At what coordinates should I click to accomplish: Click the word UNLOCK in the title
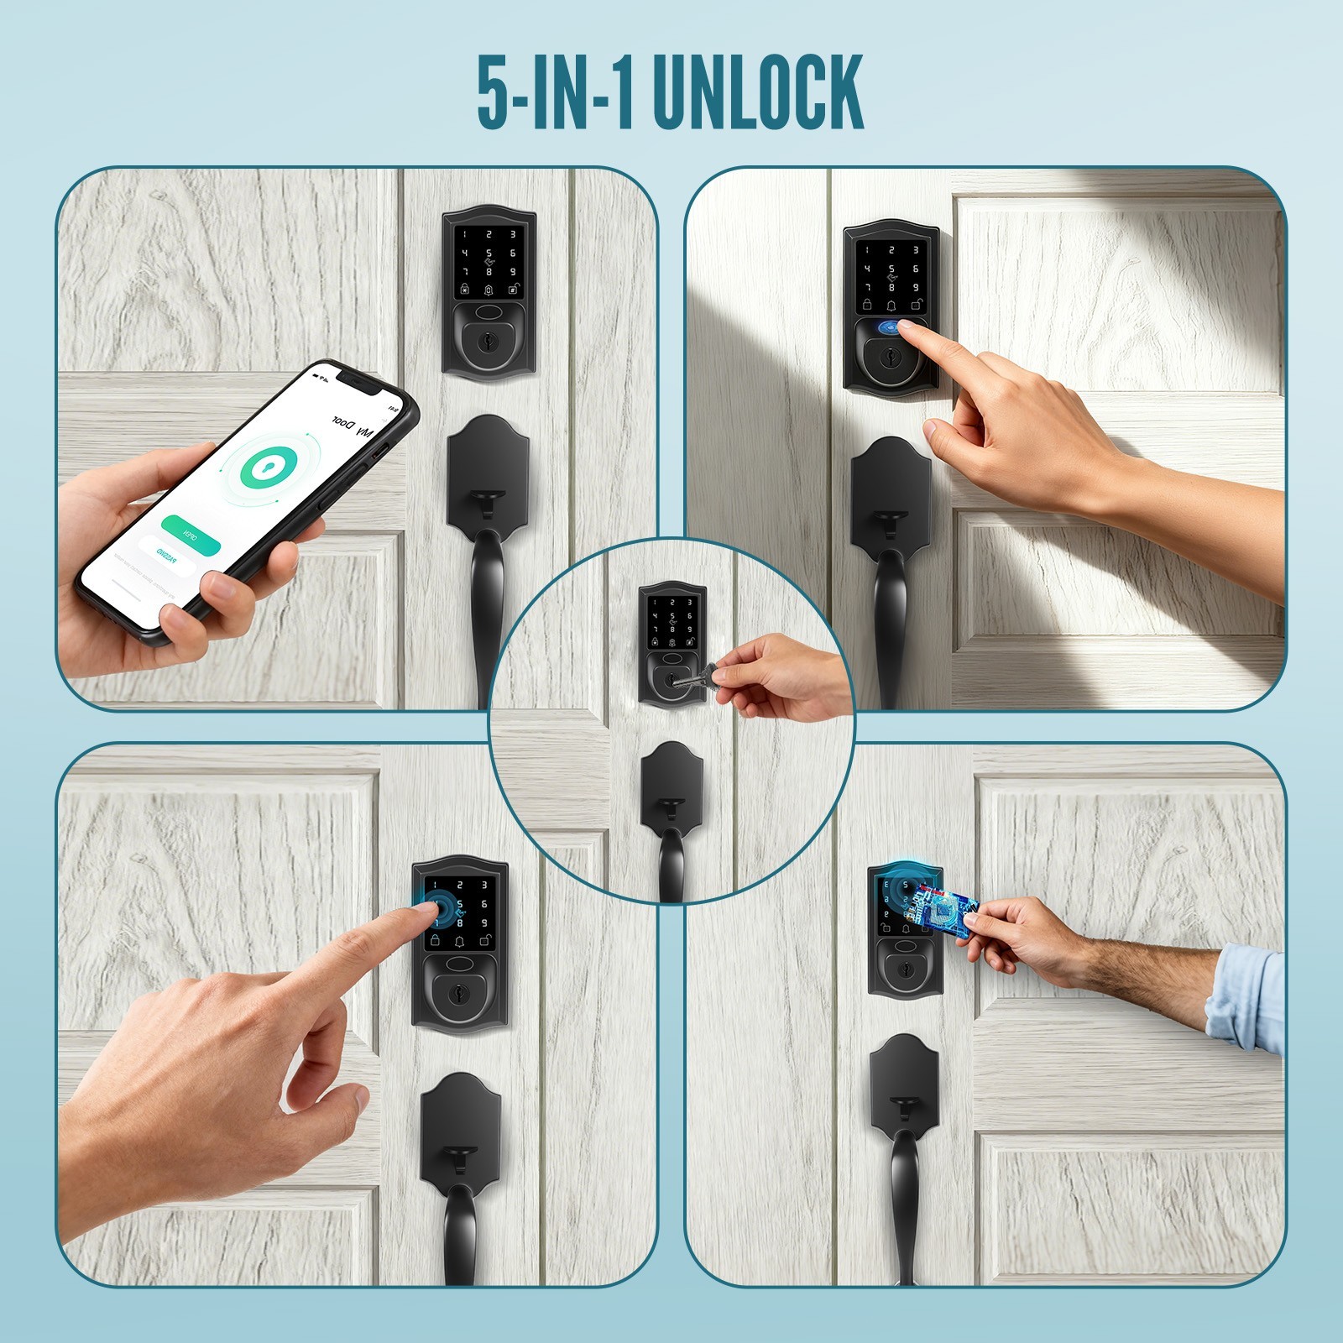point(757,92)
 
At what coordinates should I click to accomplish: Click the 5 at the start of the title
point(494,92)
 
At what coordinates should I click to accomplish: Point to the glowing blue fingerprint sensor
point(891,329)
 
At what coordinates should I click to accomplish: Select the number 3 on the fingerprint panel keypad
point(916,249)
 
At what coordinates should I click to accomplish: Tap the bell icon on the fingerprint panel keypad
point(891,306)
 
